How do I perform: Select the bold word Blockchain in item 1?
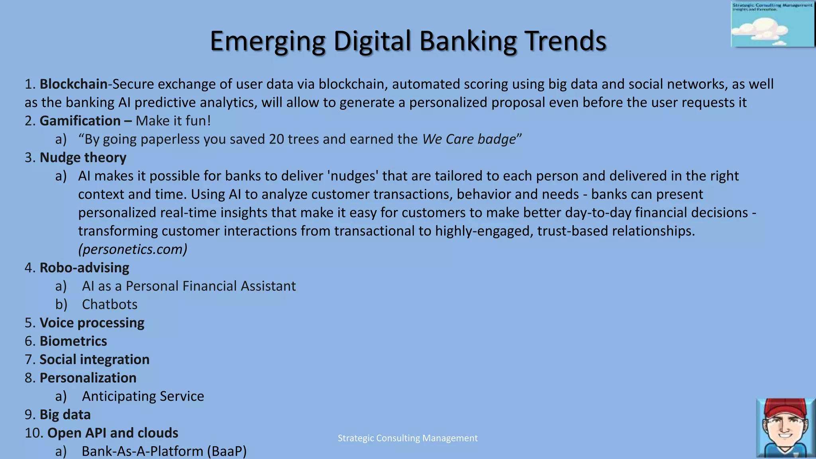[x=73, y=84]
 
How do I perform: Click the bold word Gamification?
[x=80, y=121]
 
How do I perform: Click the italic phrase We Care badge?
[x=469, y=139]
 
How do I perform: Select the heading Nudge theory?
[x=83, y=157]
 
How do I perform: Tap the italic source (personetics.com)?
[x=133, y=249]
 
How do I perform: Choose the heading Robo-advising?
[x=84, y=267]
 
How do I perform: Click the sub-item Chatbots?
[x=110, y=304]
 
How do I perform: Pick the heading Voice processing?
[x=92, y=323]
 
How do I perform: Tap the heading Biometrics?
[x=73, y=341]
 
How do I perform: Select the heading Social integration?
[x=94, y=359]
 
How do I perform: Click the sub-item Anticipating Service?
[x=143, y=396]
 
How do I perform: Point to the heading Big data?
[x=65, y=414]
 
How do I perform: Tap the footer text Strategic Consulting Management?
[x=408, y=438]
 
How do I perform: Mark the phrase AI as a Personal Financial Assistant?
[x=189, y=286]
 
